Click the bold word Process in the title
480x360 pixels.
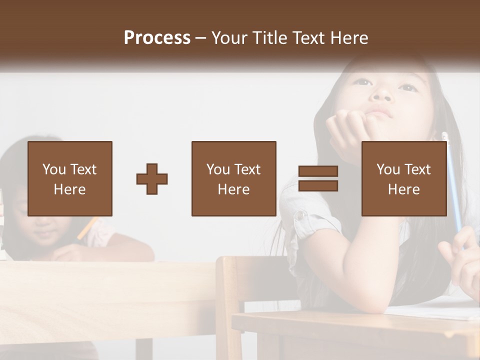pos(157,38)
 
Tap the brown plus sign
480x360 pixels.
pos(152,179)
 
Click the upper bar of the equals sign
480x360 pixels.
pos(318,171)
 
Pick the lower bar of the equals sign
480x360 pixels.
pos(318,186)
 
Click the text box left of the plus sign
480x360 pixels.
pos(70,178)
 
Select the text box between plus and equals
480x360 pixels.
pos(233,178)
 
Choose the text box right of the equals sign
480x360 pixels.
pos(403,178)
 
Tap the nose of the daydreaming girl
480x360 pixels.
pos(382,93)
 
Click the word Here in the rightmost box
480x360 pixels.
pos(403,189)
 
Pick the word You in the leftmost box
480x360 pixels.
pos(53,169)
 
